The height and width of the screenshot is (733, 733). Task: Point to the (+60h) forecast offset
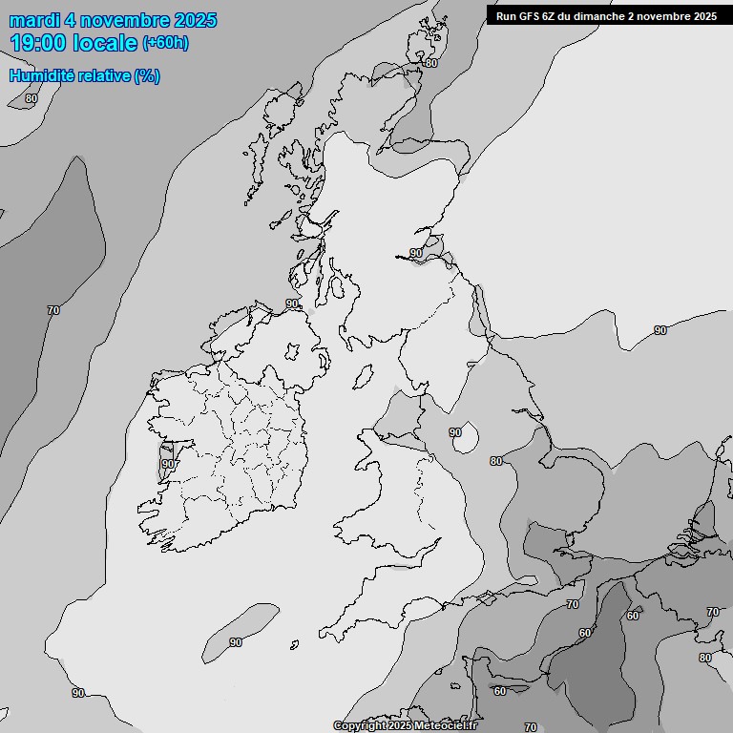pyautogui.click(x=165, y=43)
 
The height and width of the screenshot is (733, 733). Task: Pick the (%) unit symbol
pyautogui.click(x=147, y=75)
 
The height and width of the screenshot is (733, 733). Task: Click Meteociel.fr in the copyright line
pyautogui.click(x=446, y=726)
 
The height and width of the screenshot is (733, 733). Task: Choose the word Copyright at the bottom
pyautogui.click(x=358, y=726)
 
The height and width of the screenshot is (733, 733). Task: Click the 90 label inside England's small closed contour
pyautogui.click(x=455, y=432)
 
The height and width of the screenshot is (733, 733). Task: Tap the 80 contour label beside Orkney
pyautogui.click(x=431, y=63)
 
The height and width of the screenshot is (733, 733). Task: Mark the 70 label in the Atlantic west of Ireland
pyautogui.click(x=53, y=310)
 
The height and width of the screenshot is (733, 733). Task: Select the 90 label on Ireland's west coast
pyautogui.click(x=168, y=464)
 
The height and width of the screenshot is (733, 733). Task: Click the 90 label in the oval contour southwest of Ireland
pyautogui.click(x=236, y=642)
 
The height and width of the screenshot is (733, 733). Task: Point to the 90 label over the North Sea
pyautogui.click(x=660, y=330)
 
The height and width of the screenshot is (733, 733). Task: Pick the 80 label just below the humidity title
pyautogui.click(x=31, y=98)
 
